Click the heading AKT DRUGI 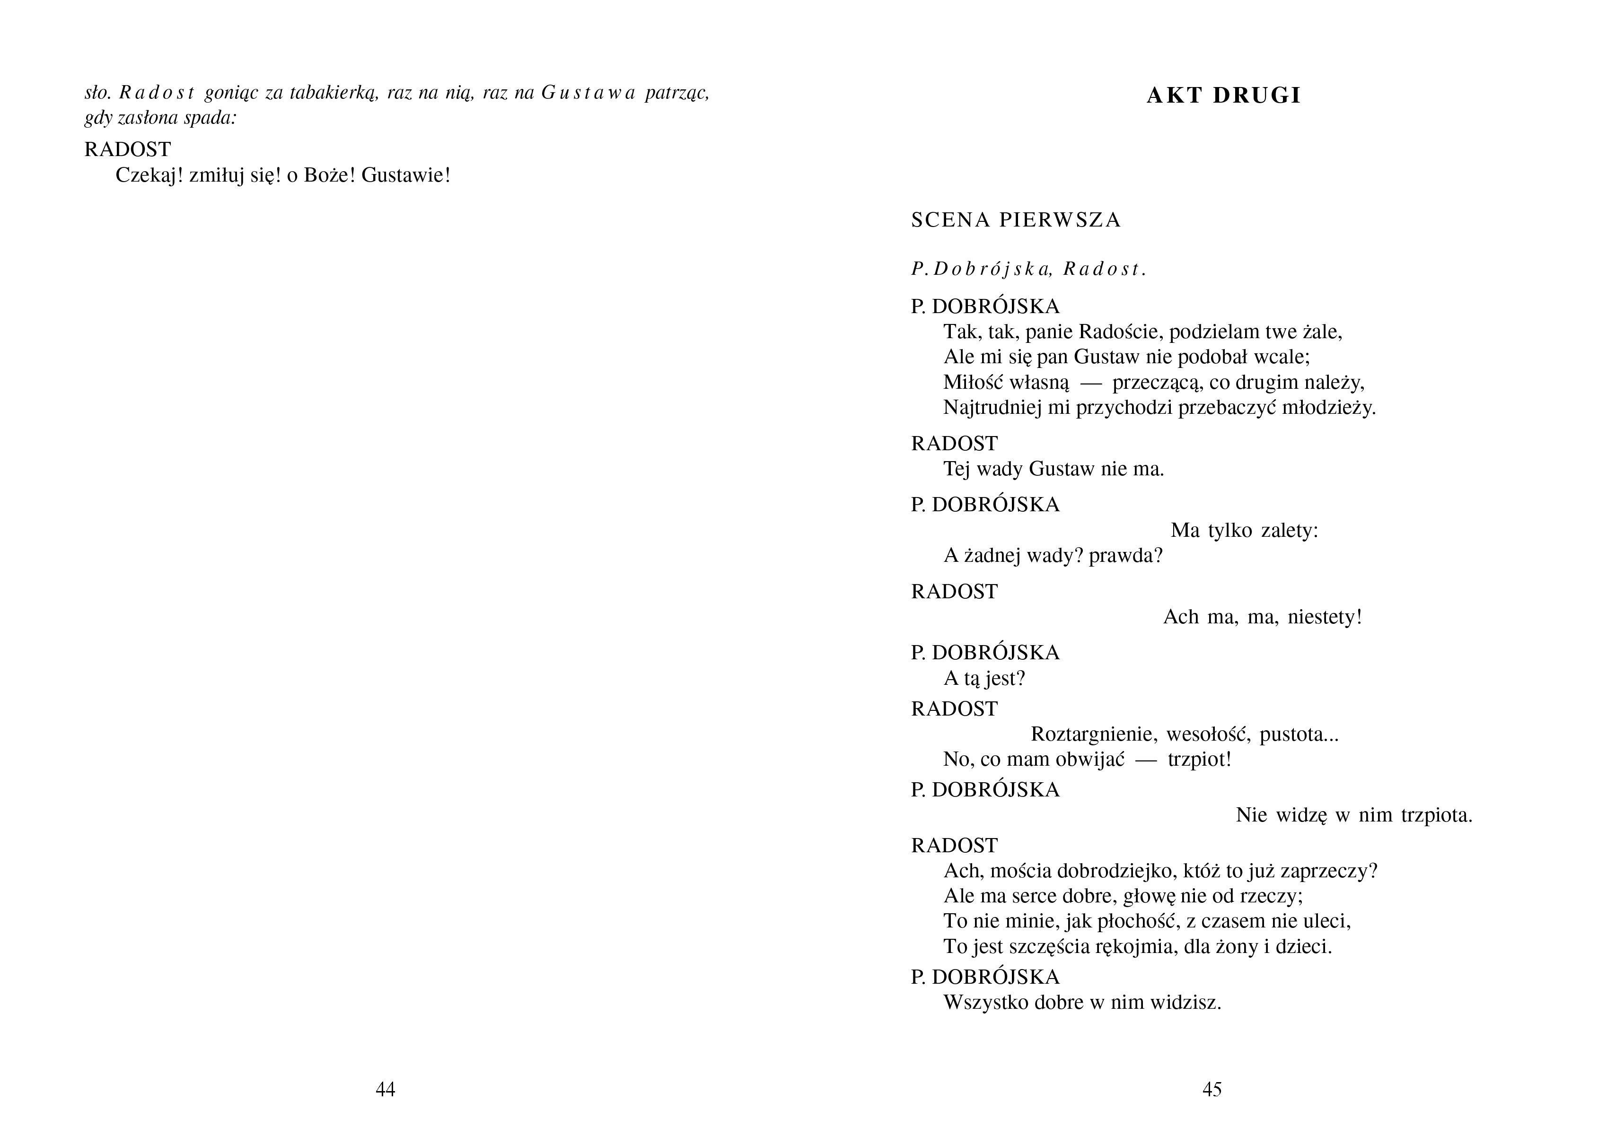(1223, 95)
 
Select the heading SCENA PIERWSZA (1015, 220)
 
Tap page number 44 (386, 1089)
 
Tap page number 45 (1212, 1089)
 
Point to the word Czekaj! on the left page (149, 175)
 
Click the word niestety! (1325, 617)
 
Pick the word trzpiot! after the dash (1199, 760)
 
